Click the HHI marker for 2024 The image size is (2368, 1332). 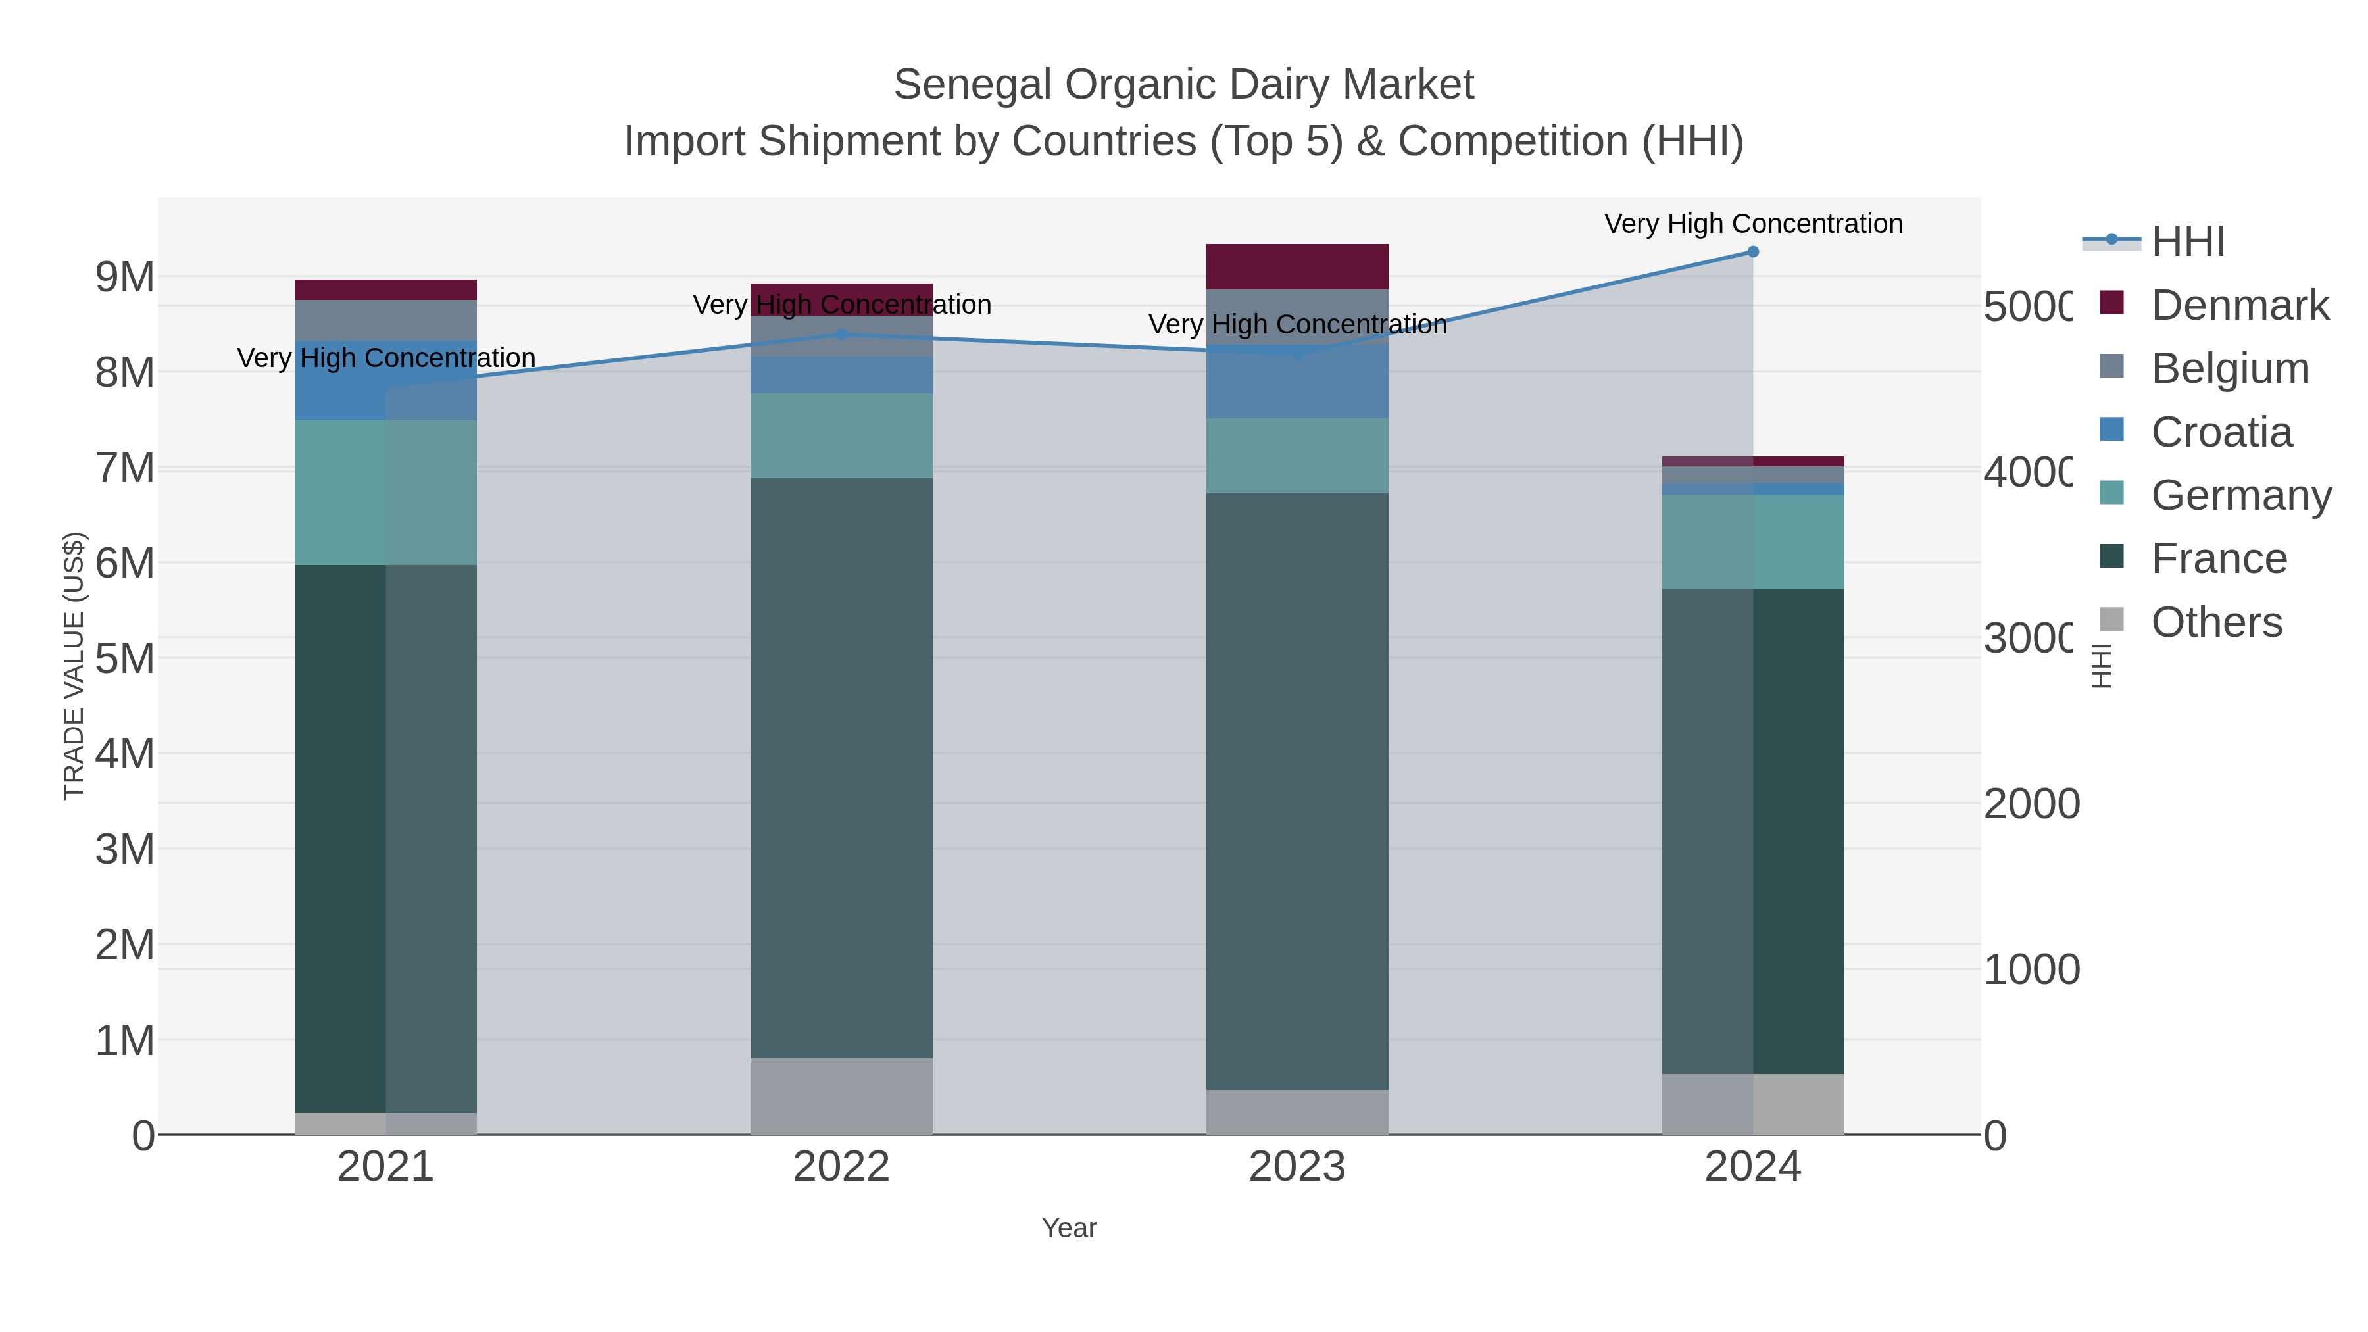[x=1752, y=252]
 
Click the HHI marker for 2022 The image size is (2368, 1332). [x=841, y=335]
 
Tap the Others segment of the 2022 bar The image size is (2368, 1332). [x=841, y=1096]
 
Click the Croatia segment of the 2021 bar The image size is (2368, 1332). [x=385, y=381]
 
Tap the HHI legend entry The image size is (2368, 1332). [x=2187, y=242]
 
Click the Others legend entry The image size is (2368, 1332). [x=2215, y=622]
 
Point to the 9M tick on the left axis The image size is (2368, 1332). [x=125, y=277]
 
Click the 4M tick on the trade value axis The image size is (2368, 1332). [x=125, y=754]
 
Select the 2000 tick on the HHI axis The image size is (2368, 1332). [x=2031, y=803]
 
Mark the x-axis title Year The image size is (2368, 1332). [x=1068, y=1228]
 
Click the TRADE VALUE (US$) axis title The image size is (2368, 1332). [x=74, y=666]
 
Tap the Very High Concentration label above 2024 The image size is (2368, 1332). [x=1752, y=224]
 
